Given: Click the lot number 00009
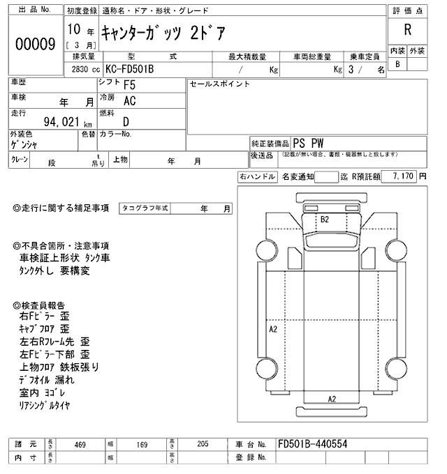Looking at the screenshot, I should (x=35, y=44).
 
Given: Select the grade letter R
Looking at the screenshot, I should (x=406, y=31).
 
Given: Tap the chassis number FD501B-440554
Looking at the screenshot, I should (x=312, y=444).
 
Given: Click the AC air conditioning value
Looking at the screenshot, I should (x=130, y=101).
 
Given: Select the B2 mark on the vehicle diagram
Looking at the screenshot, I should (x=324, y=220).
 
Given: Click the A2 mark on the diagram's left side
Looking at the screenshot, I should (x=273, y=328).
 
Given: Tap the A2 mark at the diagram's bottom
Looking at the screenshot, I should (x=332, y=399).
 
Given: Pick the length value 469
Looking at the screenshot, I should (x=80, y=444).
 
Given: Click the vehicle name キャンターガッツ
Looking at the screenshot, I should (x=142, y=31).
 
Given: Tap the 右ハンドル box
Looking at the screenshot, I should (x=257, y=177).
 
